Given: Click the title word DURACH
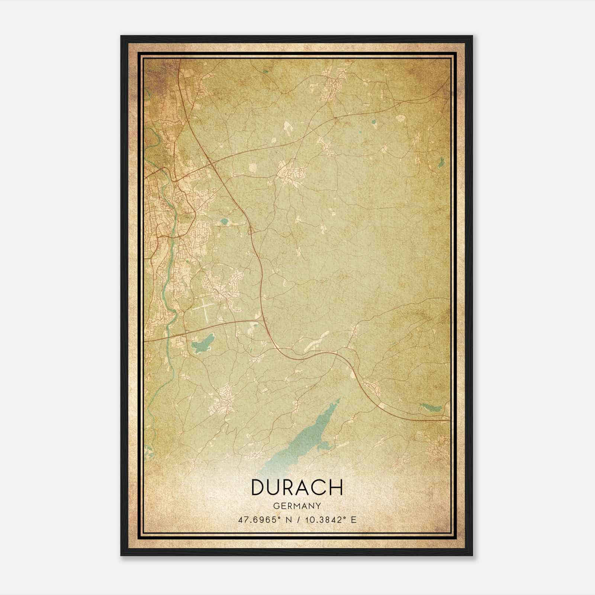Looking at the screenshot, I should tap(297, 488).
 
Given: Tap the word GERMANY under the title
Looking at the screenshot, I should tap(297, 506).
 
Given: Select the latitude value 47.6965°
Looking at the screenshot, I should tap(259, 520).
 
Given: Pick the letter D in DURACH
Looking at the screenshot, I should tap(258, 488).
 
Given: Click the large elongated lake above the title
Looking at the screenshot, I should tap(305, 439).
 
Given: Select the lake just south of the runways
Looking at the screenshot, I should tap(203, 344).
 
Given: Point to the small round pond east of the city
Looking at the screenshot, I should tap(224, 222).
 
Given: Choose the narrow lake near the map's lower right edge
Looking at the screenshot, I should tap(431, 407).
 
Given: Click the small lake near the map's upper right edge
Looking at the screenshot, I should tap(441, 162).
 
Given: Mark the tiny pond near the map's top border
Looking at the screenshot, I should tap(265, 72).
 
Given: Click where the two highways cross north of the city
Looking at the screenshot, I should tap(210, 162).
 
